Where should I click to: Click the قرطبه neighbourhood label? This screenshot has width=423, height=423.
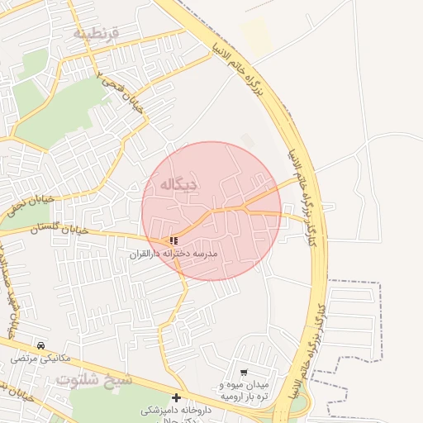pyautogui.click(x=97, y=33)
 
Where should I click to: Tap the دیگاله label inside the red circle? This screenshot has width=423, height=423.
pyautogui.click(x=174, y=184)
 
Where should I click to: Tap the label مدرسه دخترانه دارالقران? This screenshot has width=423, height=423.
pyautogui.click(x=173, y=254)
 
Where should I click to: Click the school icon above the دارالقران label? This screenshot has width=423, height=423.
pyautogui.click(x=173, y=240)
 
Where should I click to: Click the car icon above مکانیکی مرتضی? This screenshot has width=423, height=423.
pyautogui.click(x=41, y=345)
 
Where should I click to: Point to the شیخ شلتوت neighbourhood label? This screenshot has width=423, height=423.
pyautogui.click(x=96, y=378)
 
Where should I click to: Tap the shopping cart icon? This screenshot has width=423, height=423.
pyautogui.click(x=244, y=373)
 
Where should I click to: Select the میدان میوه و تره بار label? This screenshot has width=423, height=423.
pyautogui.click(x=245, y=391)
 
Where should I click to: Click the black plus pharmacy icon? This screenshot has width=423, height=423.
pyautogui.click(x=176, y=397)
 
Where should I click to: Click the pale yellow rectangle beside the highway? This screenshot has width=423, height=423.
pyautogui.click(x=256, y=38)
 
